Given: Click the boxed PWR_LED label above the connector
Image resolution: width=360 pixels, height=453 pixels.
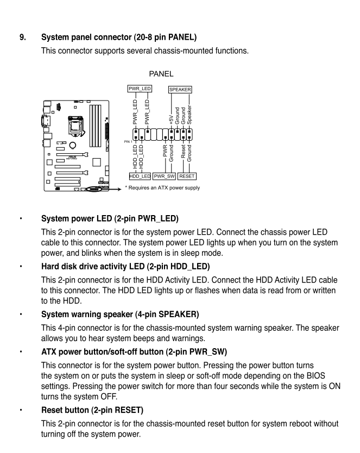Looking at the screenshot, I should (x=139, y=88).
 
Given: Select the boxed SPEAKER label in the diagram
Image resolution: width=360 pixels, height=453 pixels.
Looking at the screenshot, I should (x=181, y=88).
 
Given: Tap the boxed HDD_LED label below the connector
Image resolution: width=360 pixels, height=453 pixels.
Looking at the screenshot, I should (x=140, y=176).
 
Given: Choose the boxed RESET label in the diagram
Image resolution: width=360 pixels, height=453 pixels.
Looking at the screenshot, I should (x=186, y=176).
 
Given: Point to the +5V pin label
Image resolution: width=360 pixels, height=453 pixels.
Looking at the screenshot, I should (x=171, y=116).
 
